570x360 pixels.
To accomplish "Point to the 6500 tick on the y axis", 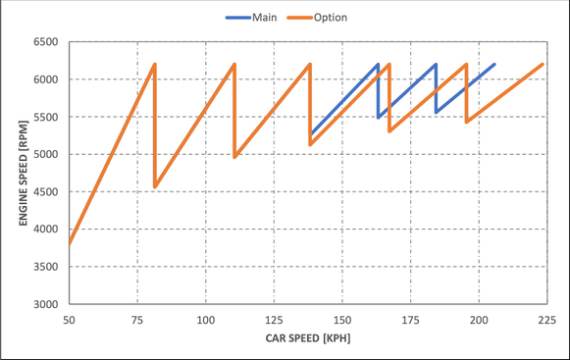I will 46,42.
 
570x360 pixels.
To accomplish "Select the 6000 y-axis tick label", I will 46,79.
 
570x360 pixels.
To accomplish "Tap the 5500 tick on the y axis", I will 46,117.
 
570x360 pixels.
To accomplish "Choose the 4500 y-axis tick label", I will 46,192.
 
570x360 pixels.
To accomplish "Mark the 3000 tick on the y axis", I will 46,304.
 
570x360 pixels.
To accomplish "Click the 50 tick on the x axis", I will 69,320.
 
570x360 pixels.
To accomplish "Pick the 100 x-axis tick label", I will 205,320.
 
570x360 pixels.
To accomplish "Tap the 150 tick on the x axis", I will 341,320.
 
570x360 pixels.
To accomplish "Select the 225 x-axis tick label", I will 546,320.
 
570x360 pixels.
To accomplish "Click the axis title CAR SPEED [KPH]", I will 307,338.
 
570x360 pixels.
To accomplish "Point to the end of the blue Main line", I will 494,65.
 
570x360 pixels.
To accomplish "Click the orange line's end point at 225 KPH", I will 544,65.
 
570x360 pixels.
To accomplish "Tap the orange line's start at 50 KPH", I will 69,244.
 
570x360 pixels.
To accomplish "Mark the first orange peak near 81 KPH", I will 154,65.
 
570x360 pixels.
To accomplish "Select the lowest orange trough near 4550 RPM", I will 155,187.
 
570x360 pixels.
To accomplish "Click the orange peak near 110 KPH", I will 234,65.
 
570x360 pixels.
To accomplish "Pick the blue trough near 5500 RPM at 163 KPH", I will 379,117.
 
